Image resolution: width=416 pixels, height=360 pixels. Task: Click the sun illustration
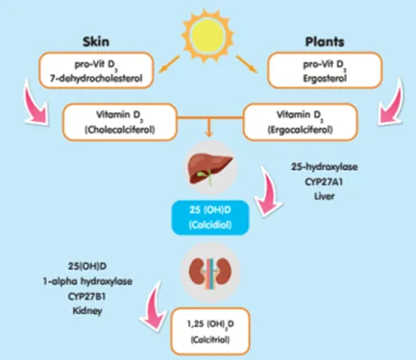pos(208,33)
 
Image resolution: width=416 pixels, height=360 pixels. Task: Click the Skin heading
pos(96,41)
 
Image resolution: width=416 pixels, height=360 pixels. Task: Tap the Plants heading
pos(325,41)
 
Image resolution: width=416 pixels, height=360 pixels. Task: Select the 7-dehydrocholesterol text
pos(96,78)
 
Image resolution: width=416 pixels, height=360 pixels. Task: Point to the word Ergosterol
pos(325,78)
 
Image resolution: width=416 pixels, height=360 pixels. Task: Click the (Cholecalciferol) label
pos(119,130)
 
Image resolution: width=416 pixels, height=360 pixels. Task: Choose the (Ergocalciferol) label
pos(300,130)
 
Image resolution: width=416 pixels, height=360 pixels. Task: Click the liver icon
pos(210,169)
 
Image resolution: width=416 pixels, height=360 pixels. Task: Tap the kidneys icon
pos(209,272)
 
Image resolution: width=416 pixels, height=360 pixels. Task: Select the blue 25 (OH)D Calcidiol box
pos(210,218)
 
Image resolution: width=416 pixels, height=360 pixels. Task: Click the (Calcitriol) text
pos(210,339)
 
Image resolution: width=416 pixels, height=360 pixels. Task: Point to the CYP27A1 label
pos(324,181)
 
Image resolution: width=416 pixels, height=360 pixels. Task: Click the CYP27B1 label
pos(87,297)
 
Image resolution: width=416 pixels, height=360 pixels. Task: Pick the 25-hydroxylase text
pos(324,167)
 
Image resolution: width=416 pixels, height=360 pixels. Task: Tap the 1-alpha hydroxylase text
pos(87,281)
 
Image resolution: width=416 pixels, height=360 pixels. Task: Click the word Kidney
pos(87,311)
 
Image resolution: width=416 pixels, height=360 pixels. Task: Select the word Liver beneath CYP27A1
pos(324,196)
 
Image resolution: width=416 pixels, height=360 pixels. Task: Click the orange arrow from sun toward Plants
pos(247,64)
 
